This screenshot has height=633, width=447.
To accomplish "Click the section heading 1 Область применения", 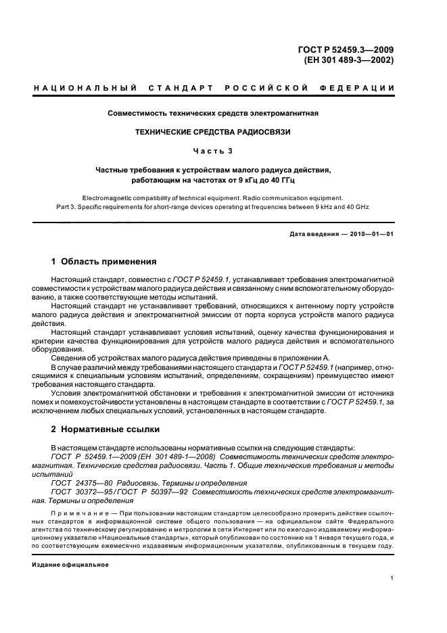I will pos(104,261).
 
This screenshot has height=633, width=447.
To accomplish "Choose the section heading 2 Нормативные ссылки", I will pos(106,430).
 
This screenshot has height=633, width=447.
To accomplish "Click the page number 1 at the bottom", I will pos(392,578).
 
